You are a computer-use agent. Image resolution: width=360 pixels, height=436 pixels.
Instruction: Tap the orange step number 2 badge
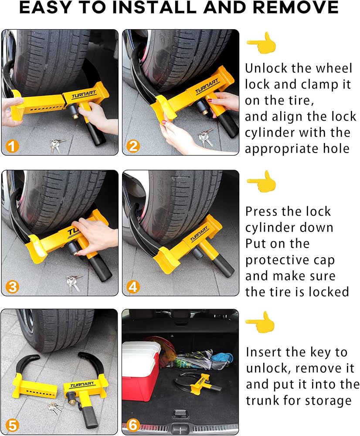click(x=133, y=146)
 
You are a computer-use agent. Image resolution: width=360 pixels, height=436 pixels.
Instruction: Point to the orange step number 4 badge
click(x=133, y=287)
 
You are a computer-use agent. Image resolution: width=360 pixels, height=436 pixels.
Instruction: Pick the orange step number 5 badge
click(x=12, y=426)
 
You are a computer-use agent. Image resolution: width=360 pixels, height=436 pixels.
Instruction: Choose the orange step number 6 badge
click(x=133, y=425)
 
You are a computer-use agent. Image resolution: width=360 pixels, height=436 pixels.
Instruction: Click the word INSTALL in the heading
click(x=154, y=7)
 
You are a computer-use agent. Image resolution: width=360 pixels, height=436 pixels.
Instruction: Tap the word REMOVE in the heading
click(x=295, y=7)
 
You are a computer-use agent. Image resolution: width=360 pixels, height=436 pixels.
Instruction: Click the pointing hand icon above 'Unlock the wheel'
click(x=262, y=43)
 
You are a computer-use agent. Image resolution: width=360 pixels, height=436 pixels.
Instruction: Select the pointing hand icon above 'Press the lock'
click(x=262, y=182)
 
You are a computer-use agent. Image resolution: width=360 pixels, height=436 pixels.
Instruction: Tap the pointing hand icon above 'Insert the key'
click(x=260, y=322)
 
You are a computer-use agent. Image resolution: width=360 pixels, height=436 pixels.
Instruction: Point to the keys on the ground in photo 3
click(x=73, y=283)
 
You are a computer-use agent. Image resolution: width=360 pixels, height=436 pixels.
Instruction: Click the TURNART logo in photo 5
click(x=82, y=385)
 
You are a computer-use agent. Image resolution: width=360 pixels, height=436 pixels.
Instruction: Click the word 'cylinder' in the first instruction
click(x=269, y=133)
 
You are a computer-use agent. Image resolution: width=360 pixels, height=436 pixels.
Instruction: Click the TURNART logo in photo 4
click(x=199, y=234)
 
